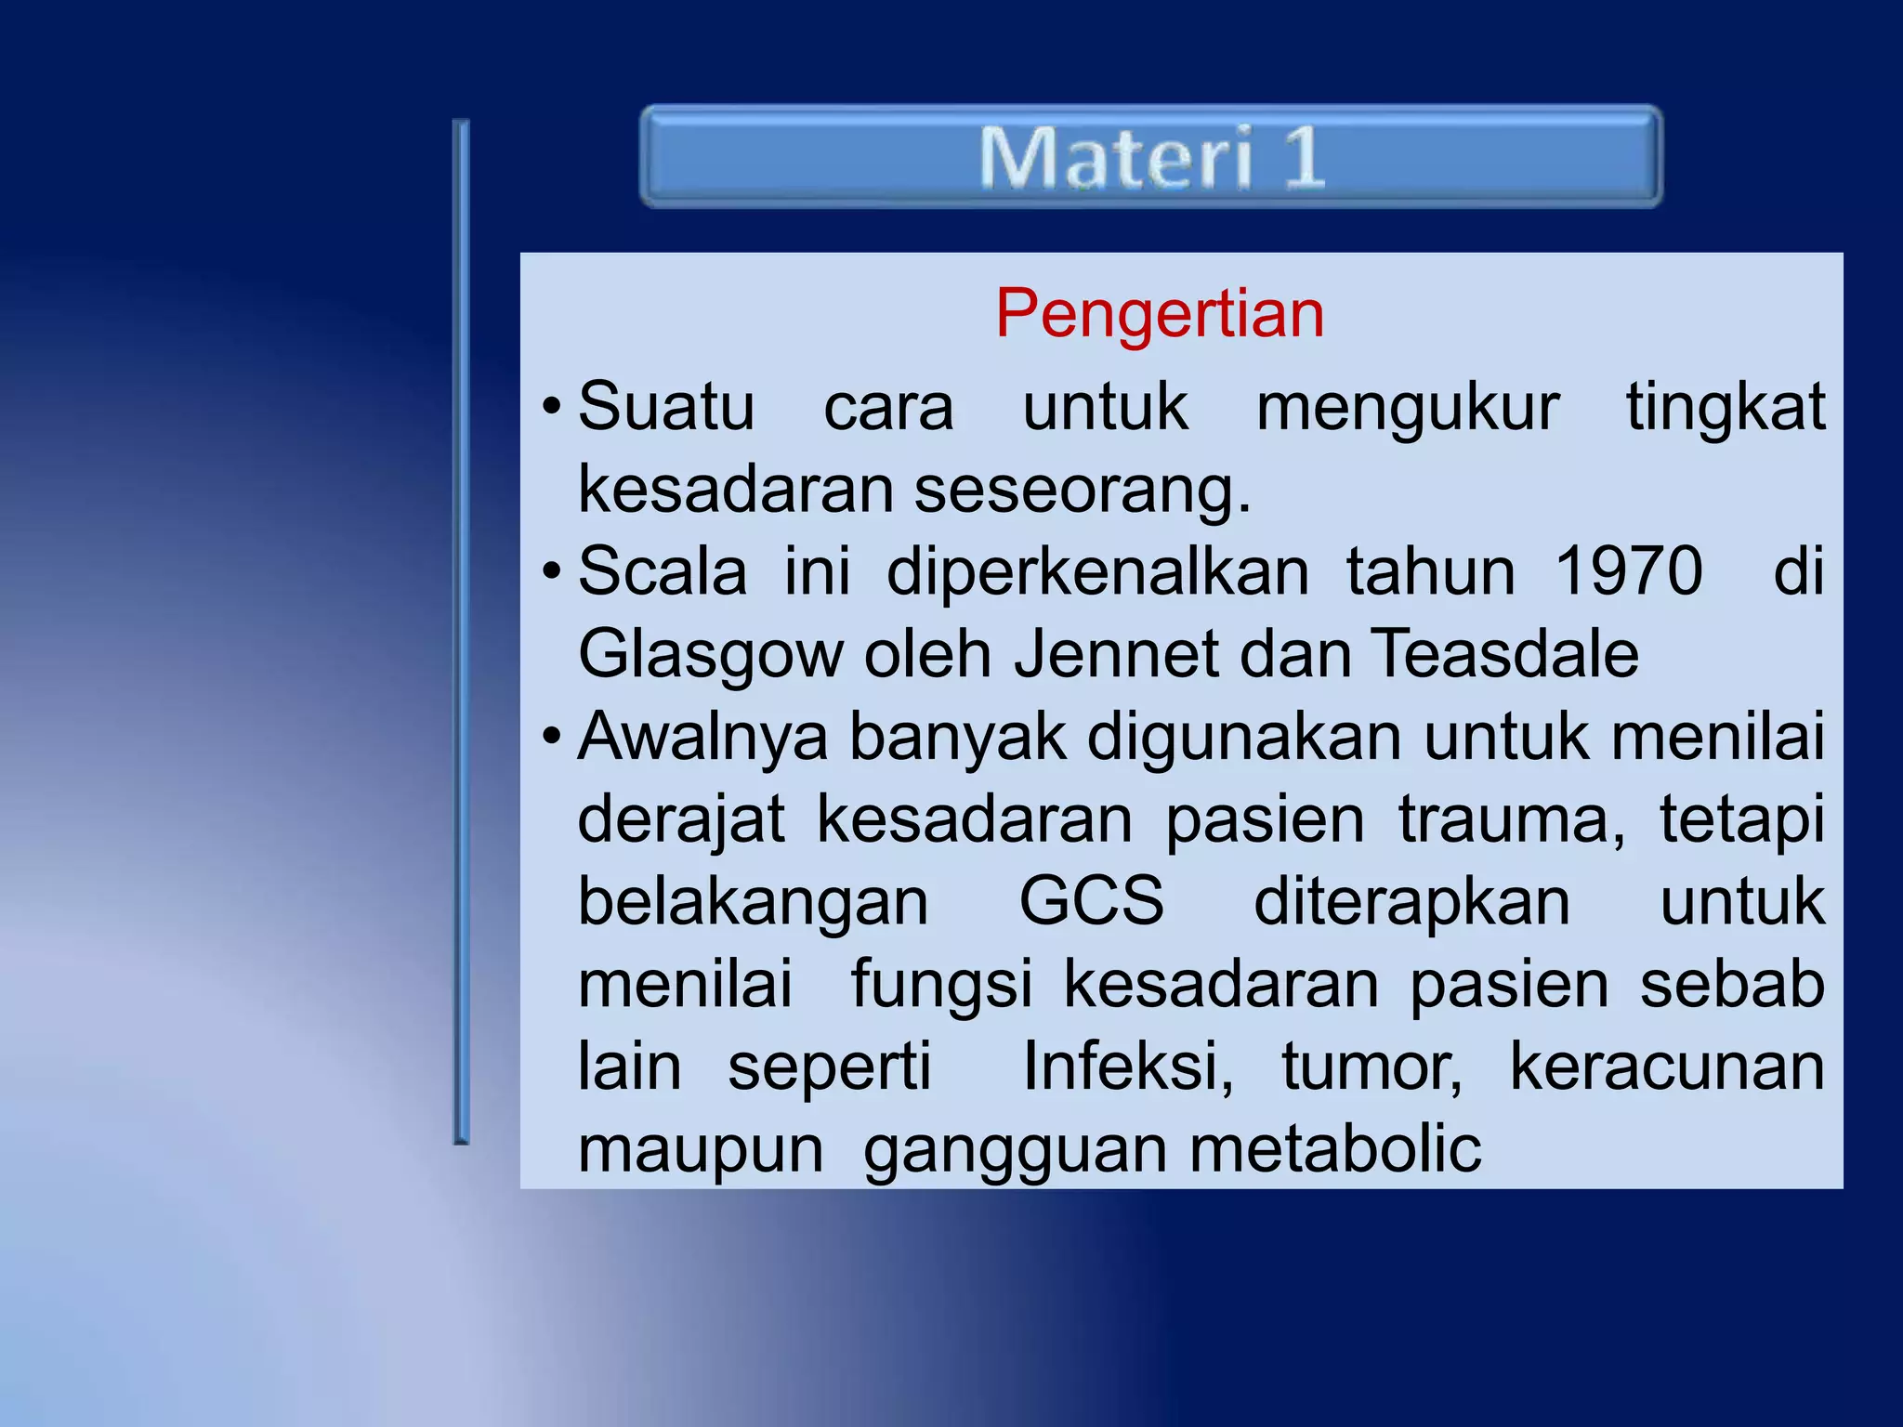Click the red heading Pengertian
(x=1159, y=314)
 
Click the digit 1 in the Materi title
(x=1304, y=157)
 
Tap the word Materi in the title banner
(x=1116, y=157)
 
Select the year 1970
(x=1628, y=570)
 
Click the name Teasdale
(x=1504, y=654)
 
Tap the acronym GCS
(x=1091, y=901)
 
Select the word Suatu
(x=666, y=407)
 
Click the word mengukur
(x=1407, y=407)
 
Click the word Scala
(x=662, y=570)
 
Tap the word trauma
(x=1511, y=819)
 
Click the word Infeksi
(x=1127, y=1067)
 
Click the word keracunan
(x=1667, y=1067)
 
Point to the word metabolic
(x=1335, y=1149)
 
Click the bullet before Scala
(x=552, y=570)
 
